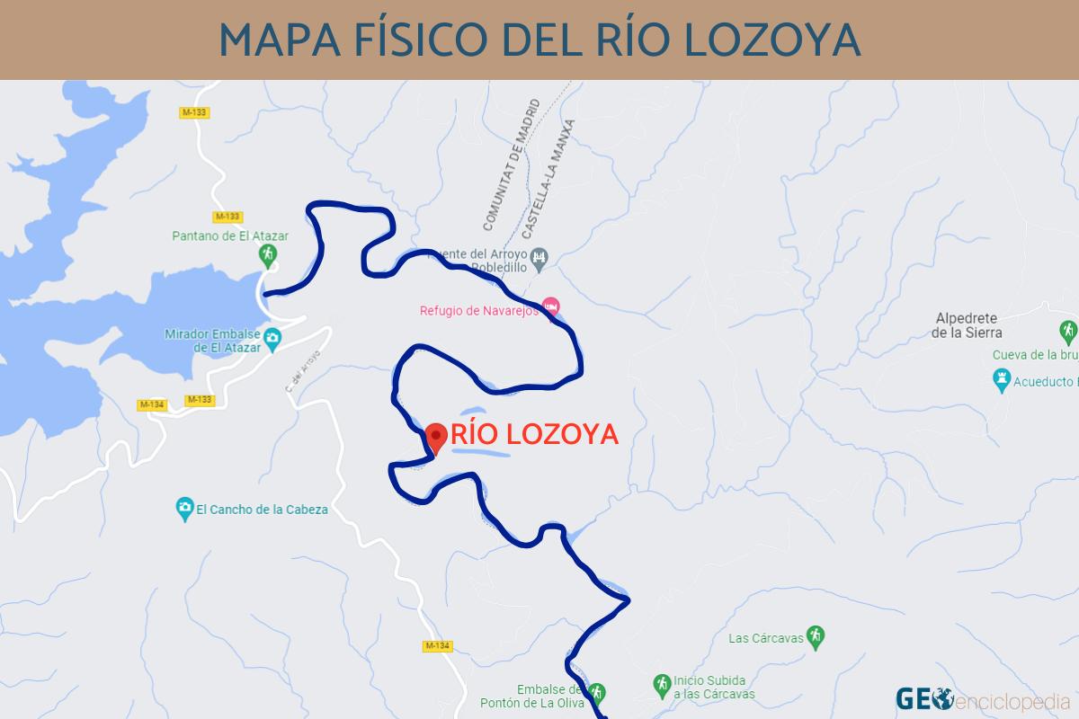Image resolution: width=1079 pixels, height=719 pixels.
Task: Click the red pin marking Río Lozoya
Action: click(437, 438)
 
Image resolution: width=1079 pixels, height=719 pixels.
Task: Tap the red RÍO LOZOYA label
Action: click(534, 434)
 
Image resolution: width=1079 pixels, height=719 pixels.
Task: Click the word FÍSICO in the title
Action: click(407, 39)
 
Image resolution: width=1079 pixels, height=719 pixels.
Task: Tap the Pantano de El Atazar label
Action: click(230, 236)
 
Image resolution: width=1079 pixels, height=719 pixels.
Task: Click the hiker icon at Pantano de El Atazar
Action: click(267, 256)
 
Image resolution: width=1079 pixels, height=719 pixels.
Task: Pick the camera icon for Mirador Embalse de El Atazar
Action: click(274, 340)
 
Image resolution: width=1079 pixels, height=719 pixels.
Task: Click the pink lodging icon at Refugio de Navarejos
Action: click(551, 306)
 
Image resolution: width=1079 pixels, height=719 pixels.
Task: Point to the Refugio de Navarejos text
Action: click(478, 311)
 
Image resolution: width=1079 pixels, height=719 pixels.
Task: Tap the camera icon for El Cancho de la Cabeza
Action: click(184, 509)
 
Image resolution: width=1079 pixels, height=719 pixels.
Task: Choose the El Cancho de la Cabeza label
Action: click(262, 509)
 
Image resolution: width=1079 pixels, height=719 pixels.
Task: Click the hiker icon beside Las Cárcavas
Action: click(815, 635)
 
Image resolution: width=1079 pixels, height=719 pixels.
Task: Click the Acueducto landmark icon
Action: click(1000, 382)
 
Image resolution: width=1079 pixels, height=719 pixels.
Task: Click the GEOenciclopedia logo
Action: click(982, 697)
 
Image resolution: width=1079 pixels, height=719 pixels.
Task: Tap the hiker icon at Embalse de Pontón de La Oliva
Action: click(596, 693)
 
